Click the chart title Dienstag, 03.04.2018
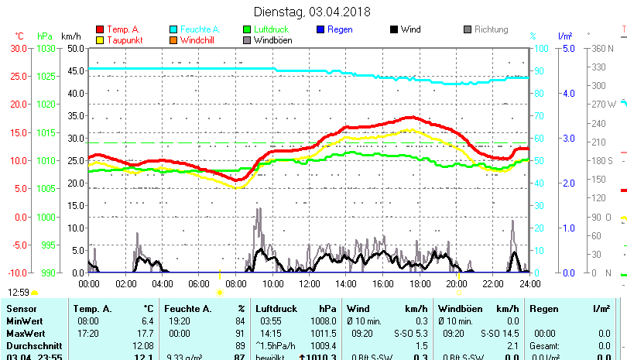[312, 12]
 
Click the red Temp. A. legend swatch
[99, 30]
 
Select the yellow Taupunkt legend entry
[120, 40]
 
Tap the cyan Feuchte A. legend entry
[197, 29]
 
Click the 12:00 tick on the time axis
[309, 283]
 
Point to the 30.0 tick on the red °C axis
[19, 48]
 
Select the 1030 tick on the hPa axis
[46, 48]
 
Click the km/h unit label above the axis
[70, 36]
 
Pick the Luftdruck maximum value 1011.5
[323, 333]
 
